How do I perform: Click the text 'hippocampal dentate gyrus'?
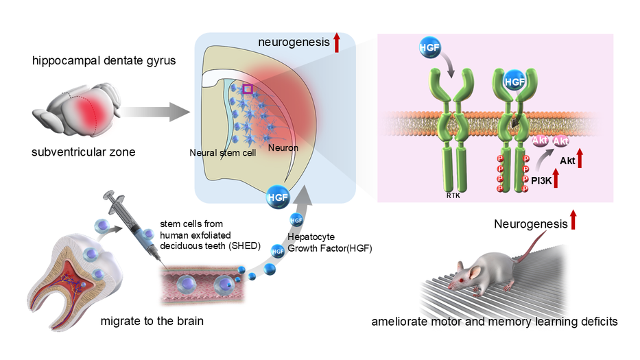coord(104,61)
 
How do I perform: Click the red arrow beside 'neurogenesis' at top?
coord(337,43)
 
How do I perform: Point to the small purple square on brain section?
coord(248,88)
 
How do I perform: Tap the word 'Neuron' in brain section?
coord(282,147)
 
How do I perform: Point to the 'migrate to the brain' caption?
coord(148,321)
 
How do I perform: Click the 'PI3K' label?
coord(541,182)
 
